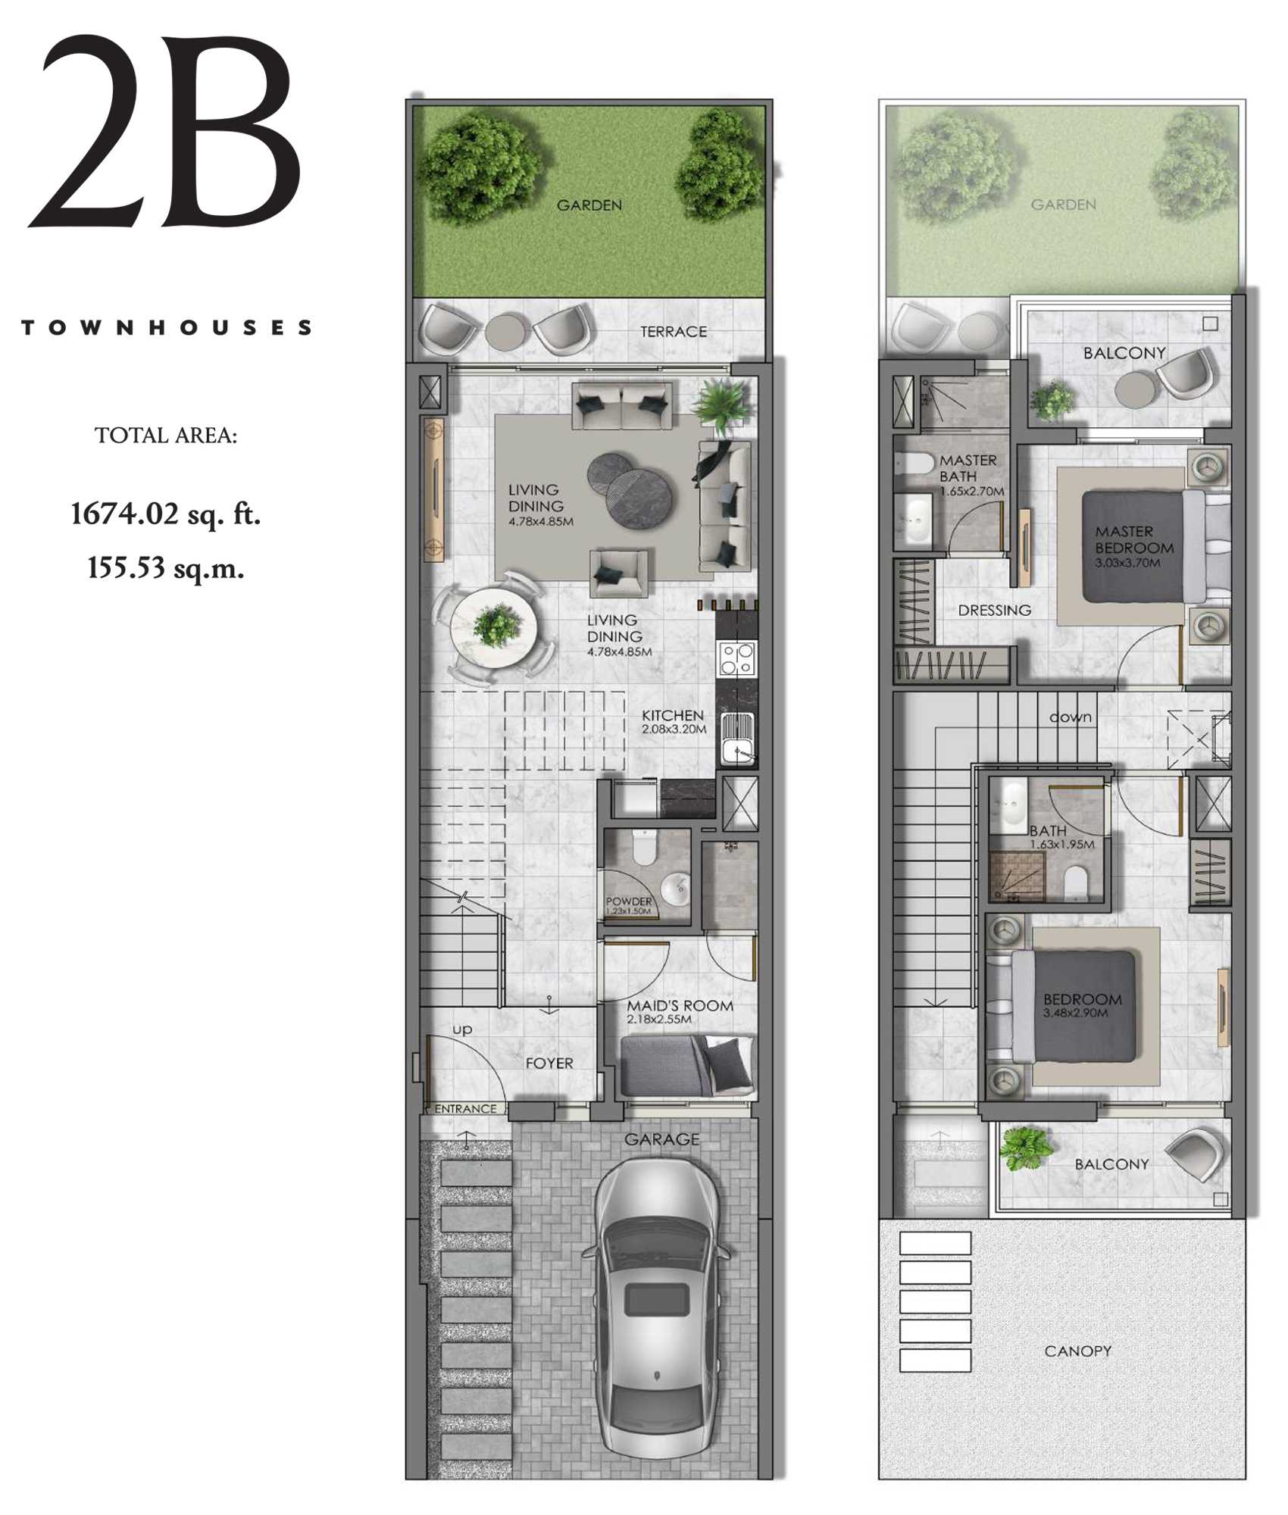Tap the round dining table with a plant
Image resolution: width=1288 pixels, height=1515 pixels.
pyautogui.click(x=494, y=628)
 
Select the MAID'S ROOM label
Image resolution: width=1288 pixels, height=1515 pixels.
pyautogui.click(x=680, y=1006)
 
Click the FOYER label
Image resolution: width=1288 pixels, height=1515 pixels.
pyautogui.click(x=549, y=1064)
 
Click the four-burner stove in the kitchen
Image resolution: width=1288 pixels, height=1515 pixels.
pyautogui.click(x=736, y=658)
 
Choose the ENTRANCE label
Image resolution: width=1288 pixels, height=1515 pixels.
pyautogui.click(x=465, y=1109)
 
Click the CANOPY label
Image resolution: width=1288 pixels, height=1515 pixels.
pyautogui.click(x=1077, y=1351)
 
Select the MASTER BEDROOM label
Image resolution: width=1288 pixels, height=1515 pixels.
pyautogui.click(x=1133, y=539)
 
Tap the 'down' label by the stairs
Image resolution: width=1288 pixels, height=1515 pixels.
pyautogui.click(x=1071, y=717)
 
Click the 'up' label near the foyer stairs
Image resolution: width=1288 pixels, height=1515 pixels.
pyautogui.click(x=462, y=1029)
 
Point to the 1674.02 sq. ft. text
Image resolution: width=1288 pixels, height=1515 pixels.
pyautogui.click(x=166, y=514)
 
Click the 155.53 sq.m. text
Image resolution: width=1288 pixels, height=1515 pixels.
pyautogui.click(x=166, y=567)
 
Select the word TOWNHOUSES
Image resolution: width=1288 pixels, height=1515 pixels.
pyautogui.click(x=167, y=328)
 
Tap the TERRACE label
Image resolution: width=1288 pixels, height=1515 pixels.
pyautogui.click(x=673, y=332)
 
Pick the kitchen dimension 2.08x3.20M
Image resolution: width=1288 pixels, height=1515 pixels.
pyautogui.click(x=674, y=729)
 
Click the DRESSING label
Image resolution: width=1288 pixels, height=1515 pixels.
pyautogui.click(x=994, y=611)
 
